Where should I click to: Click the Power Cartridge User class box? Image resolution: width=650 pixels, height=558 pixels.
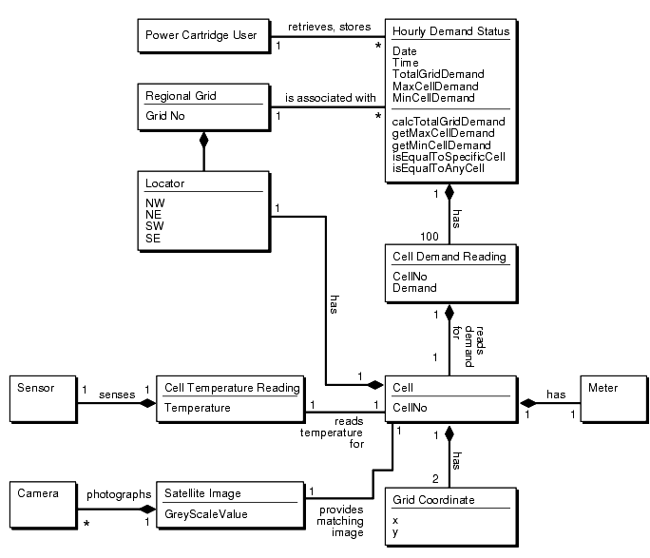click(x=201, y=36)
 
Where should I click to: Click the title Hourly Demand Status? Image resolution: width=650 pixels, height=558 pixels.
click(x=450, y=31)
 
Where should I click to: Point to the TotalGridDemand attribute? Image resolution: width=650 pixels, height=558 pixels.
click(x=438, y=73)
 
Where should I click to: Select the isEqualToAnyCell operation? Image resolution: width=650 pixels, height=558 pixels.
click(x=438, y=168)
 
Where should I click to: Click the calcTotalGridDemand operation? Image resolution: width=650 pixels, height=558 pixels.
click(x=449, y=122)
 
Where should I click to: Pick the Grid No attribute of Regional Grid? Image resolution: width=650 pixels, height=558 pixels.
click(x=165, y=116)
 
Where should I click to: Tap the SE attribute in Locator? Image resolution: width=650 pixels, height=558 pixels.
click(x=153, y=238)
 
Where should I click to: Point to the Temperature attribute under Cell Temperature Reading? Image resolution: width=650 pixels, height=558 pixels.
click(x=198, y=407)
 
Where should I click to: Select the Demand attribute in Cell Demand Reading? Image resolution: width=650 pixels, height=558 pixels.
click(x=414, y=287)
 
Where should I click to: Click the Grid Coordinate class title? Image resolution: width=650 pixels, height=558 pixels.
click(x=433, y=499)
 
